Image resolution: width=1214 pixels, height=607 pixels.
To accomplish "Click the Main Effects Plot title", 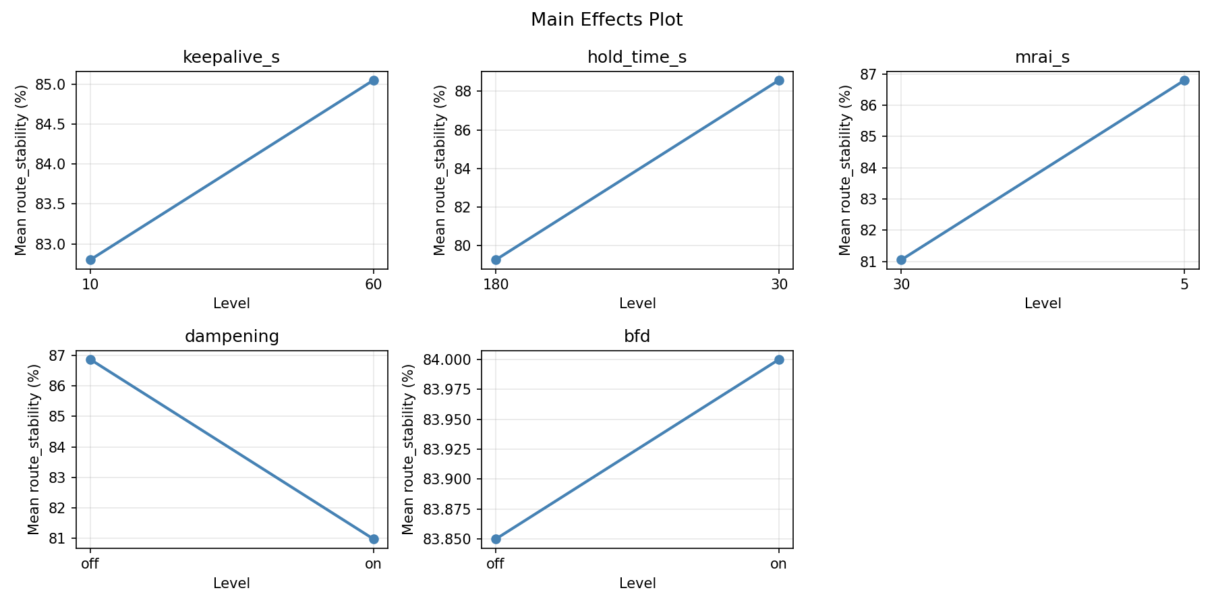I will tap(606, 20).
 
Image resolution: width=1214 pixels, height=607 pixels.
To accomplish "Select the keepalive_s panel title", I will tap(231, 58).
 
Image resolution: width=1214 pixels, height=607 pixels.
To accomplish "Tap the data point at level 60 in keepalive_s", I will tap(374, 80).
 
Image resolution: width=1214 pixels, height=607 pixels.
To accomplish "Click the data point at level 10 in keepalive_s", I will tap(90, 260).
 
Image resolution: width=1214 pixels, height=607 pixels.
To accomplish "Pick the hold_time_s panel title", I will tap(637, 58).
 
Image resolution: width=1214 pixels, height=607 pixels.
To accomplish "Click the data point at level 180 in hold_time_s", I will tap(496, 260).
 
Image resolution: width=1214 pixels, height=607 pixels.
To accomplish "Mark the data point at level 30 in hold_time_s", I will tap(779, 80).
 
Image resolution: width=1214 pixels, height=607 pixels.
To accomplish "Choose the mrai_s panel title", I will tap(1042, 58).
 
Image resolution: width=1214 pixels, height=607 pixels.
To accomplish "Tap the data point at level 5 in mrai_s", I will tap(1184, 80).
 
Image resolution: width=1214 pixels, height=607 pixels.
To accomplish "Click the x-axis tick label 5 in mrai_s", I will tap(1184, 285).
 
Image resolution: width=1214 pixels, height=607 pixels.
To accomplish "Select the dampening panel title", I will tap(231, 337).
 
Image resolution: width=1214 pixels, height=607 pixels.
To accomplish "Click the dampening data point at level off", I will tap(90, 359).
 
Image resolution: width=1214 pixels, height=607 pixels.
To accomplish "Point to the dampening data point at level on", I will tap(374, 539).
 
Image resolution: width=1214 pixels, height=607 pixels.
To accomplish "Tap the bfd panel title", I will tap(637, 337).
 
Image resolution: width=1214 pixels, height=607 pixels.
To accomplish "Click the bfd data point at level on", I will tap(779, 359).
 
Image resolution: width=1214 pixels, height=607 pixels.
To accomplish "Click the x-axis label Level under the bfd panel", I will tap(637, 583).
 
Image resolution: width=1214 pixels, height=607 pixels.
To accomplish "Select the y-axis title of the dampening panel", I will tap(34, 449).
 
